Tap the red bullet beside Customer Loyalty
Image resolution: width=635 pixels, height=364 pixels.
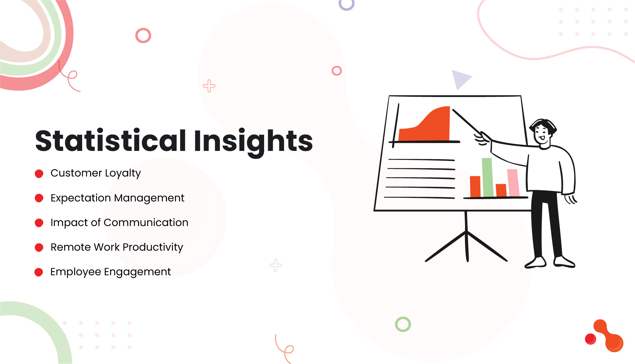pyautogui.click(x=39, y=174)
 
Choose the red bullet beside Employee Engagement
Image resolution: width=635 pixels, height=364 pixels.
pyautogui.click(x=39, y=272)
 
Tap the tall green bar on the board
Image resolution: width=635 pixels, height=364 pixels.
pyautogui.click(x=487, y=178)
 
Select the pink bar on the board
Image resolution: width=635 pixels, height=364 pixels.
pyautogui.click(x=513, y=182)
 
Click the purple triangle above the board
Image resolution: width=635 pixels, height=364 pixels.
pyautogui.click(x=460, y=79)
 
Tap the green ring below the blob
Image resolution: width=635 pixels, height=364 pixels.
pyautogui.click(x=403, y=324)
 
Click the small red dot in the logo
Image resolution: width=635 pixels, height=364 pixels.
pyautogui.click(x=590, y=339)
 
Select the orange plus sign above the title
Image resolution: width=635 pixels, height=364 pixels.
pyautogui.click(x=209, y=86)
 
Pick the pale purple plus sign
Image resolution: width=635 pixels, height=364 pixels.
pyautogui.click(x=275, y=265)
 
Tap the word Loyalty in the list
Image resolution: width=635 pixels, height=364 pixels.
pyautogui.click(x=123, y=173)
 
